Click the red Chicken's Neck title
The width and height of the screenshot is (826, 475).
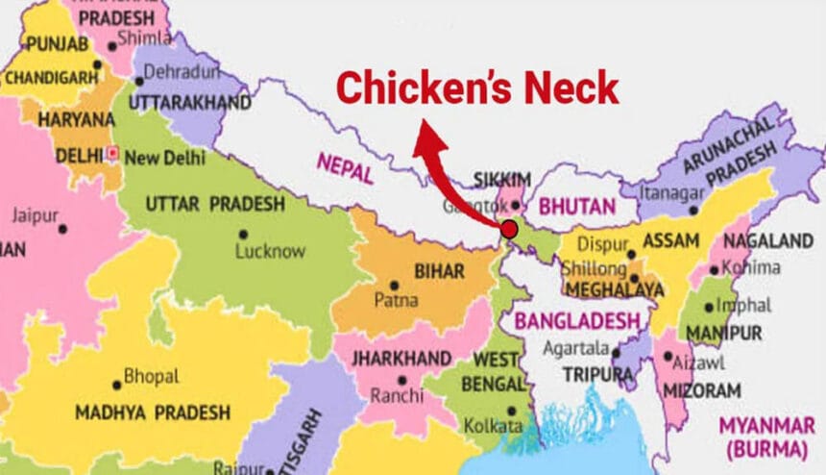pyautogui.click(x=477, y=88)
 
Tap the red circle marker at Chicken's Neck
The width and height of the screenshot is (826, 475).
pyautogui.click(x=508, y=229)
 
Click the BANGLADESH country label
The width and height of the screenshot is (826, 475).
pyautogui.click(x=577, y=321)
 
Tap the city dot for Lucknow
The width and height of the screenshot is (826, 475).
pyautogui.click(x=243, y=234)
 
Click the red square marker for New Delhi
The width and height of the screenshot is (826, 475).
pyautogui.click(x=113, y=153)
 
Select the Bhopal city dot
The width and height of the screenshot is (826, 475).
pyautogui.click(x=117, y=385)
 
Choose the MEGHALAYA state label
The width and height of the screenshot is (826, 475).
pyautogui.click(x=613, y=289)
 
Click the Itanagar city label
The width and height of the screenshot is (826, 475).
pyautogui.click(x=668, y=194)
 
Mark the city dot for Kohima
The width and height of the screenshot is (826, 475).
pyautogui.click(x=716, y=268)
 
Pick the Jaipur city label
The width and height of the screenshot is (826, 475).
pyautogui.click(x=35, y=214)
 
